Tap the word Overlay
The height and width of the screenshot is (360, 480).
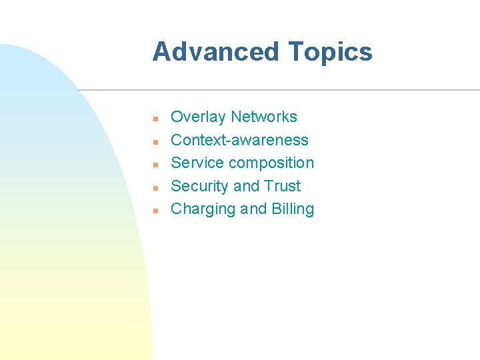(198, 117)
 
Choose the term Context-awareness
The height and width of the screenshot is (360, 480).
(239, 140)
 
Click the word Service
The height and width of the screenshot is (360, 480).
(197, 163)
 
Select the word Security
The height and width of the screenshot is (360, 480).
(199, 186)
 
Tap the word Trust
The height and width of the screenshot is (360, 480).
(283, 186)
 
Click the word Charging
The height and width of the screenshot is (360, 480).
(203, 209)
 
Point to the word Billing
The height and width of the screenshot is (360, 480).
(293, 209)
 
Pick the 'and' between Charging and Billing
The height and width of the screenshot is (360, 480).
(253, 209)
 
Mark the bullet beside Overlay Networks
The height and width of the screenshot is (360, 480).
(154, 119)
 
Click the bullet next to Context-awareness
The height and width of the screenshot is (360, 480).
(154, 141)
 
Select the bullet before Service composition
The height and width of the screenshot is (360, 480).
(154, 164)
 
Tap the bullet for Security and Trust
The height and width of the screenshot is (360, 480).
(154, 187)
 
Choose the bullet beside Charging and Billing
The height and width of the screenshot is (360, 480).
(154, 210)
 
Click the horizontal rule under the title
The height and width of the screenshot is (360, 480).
(280, 90)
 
